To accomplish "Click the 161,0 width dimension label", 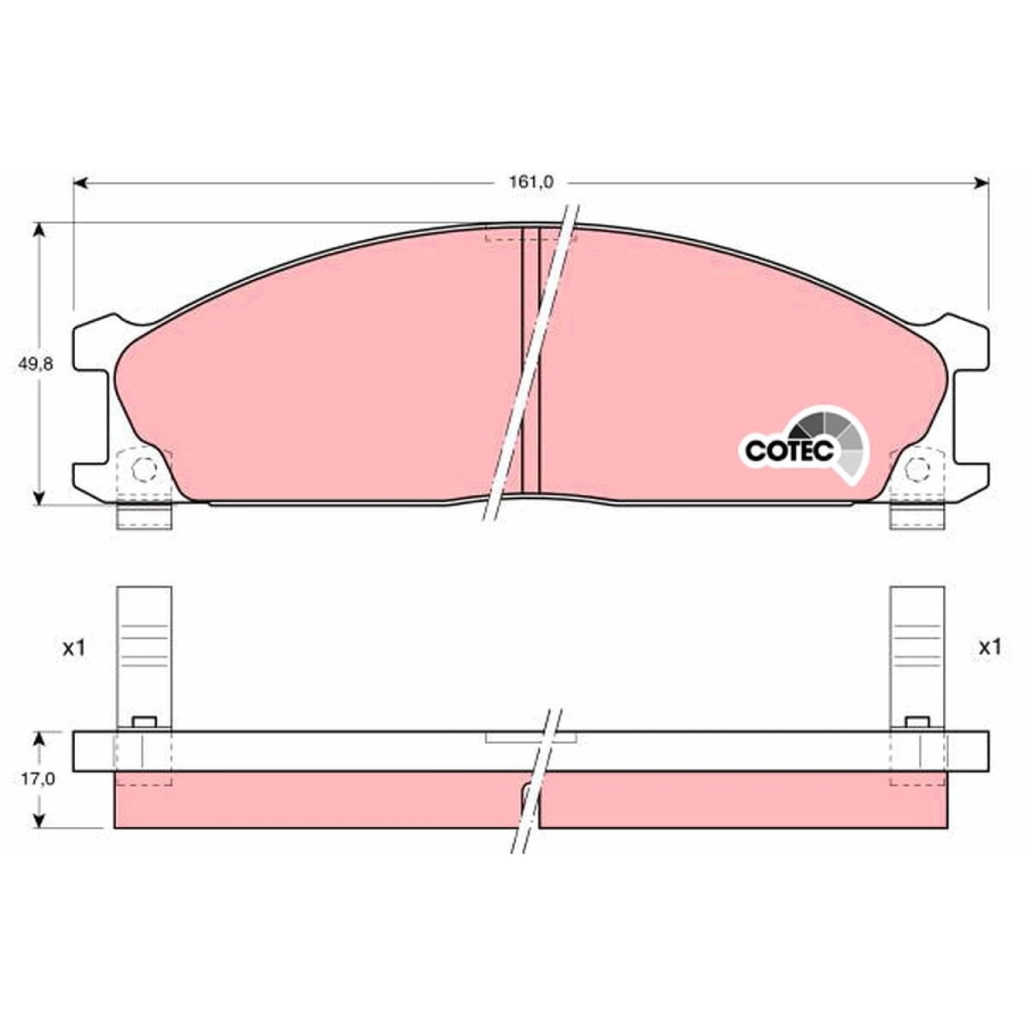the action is point(531,182).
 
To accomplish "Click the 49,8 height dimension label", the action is point(36,364).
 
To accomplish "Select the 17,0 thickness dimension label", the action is point(38,778).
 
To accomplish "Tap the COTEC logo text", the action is point(789,450).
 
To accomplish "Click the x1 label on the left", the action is point(74,647).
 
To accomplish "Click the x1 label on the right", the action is point(989,647).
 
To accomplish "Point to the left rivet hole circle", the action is point(144,469).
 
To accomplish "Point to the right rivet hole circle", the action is point(918,469).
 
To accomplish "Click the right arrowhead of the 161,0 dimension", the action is point(981,182).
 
